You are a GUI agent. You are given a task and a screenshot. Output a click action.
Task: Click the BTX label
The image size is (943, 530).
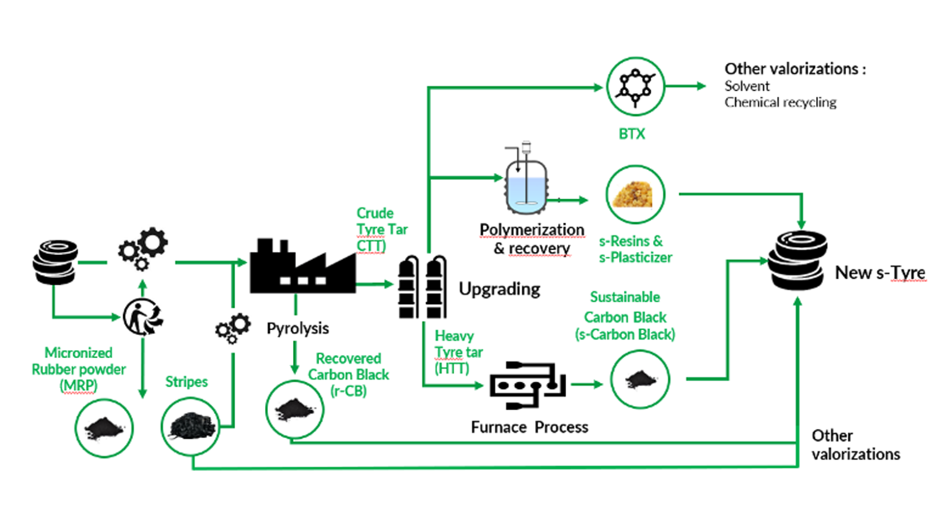pos(632,134)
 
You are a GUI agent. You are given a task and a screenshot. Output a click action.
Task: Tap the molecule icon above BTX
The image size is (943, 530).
pos(635,86)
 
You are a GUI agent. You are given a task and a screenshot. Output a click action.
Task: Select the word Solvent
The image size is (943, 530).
pos(747,86)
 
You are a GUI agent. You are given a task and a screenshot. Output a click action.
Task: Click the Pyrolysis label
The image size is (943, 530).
pos(298,328)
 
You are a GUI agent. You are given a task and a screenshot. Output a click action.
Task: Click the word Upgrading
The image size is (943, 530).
pos(499,289)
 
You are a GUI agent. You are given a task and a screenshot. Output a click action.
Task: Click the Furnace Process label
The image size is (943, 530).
pos(529,427)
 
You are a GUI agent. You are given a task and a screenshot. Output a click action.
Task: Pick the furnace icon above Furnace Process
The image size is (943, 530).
pos(528,386)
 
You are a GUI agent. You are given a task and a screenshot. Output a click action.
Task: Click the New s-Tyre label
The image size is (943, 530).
pos(880,273)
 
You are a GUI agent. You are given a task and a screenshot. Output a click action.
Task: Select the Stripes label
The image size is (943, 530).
pos(186,382)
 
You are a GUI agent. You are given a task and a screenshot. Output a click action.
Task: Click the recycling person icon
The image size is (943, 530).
pos(142,317)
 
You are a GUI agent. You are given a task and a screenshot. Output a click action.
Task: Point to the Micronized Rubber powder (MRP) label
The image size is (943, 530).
pos(79,369)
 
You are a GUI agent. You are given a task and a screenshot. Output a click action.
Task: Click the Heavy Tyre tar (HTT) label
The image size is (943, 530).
pos(458,352)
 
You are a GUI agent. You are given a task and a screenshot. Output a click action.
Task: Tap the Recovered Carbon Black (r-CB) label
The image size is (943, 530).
pos(348,374)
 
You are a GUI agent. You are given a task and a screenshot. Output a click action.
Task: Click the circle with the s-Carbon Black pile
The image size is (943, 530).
pos(639,379)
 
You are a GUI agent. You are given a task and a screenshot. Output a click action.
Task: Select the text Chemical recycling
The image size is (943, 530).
pos(780,103)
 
